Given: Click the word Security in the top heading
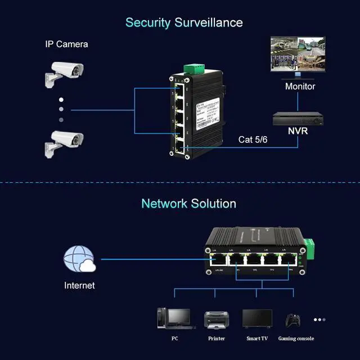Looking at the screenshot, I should tap(148, 22).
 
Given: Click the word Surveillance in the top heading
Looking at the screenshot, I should tap(209, 22).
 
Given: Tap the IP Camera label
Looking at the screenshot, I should tap(66, 44).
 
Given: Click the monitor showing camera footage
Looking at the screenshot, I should tap(298, 55).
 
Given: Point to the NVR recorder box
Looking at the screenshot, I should tap(298, 119).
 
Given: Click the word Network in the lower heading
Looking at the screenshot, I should tap(164, 203).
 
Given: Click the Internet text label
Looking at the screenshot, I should tap(79, 285).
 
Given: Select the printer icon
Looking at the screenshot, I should tap(217, 319).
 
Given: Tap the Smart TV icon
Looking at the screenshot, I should tap(257, 318).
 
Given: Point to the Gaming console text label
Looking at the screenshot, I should tap(295, 339).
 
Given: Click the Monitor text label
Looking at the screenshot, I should tap(300, 87).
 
